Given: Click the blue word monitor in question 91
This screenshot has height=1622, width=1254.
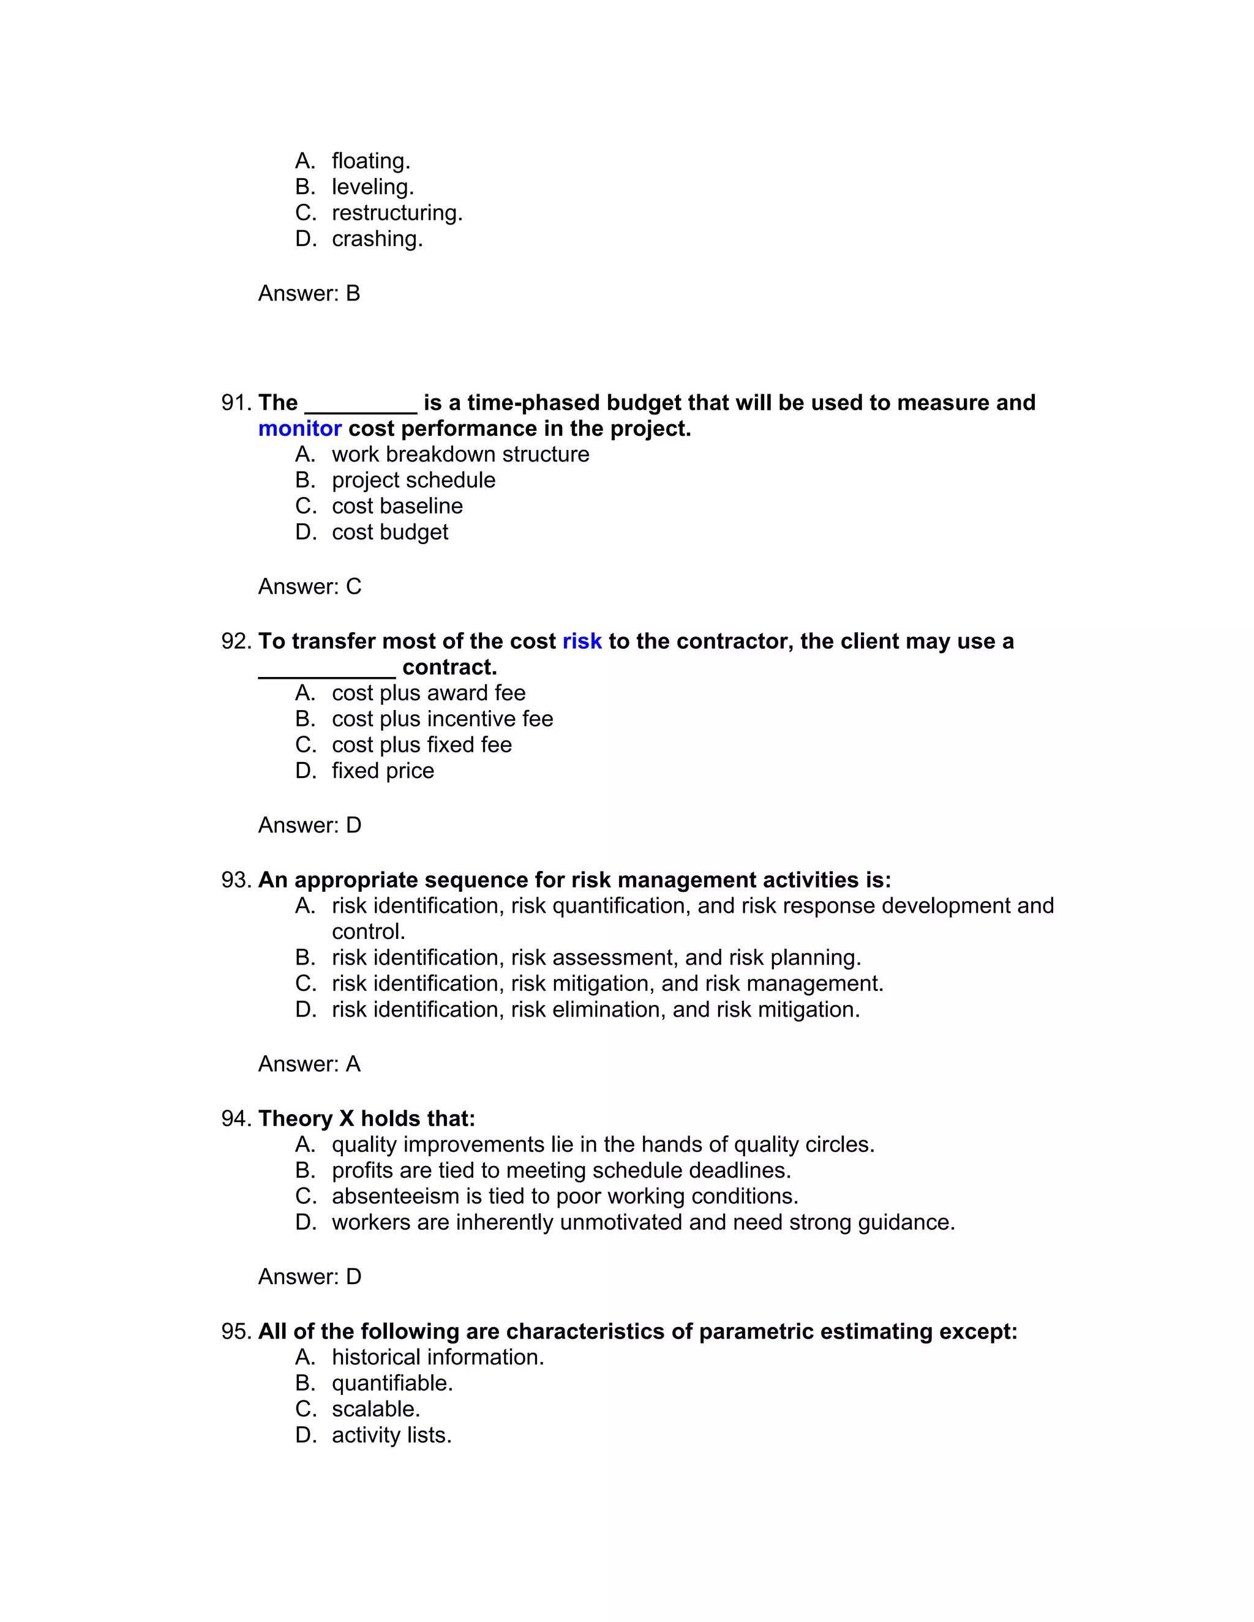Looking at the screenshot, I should point(299,428).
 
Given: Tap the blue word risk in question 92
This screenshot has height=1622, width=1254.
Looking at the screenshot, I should point(582,641).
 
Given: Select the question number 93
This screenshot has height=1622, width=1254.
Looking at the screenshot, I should point(236,880).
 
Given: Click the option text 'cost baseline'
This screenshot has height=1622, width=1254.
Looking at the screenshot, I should point(397,506).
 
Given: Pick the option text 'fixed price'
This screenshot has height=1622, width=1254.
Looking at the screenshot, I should point(383,770).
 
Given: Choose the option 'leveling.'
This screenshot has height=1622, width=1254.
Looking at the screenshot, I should point(372,187).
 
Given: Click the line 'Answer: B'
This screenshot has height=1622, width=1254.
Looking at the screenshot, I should point(309,293).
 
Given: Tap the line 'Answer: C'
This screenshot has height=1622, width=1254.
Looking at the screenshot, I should point(310,587).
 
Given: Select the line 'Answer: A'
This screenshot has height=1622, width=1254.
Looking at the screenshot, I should point(309,1064).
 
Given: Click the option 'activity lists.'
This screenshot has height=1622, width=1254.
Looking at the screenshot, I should point(391,1435).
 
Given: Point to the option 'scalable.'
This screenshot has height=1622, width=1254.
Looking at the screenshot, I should point(376,1409).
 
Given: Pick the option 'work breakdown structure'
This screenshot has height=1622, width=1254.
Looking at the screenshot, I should point(460,454).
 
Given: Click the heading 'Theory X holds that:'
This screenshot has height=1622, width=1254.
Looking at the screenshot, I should point(366,1118).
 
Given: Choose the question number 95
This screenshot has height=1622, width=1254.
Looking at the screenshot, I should point(236,1331).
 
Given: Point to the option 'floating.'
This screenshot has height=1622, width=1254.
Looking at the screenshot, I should point(370,160).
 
